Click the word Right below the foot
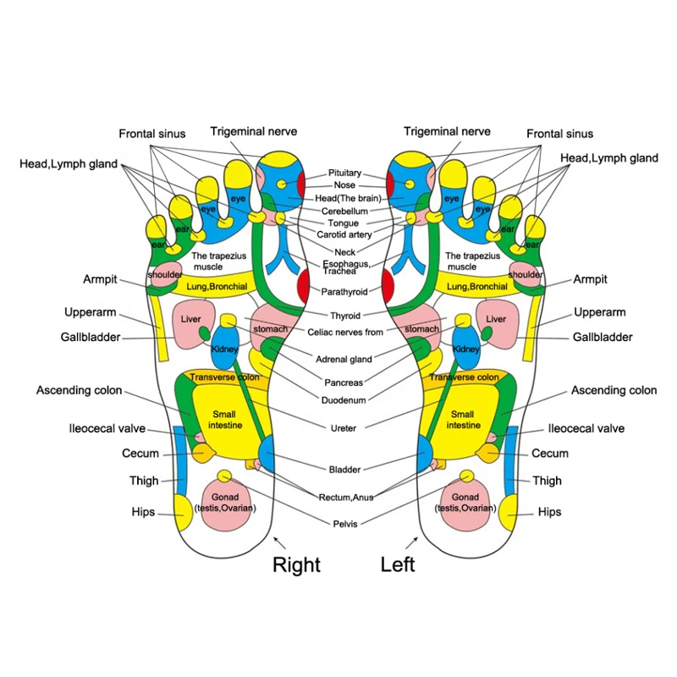tap(296, 564)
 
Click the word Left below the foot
tap(398, 564)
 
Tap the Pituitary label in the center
tap(345, 173)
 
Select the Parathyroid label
tap(344, 292)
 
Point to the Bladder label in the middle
tap(345, 469)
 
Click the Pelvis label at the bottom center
tap(345, 524)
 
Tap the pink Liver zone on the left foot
tap(495, 322)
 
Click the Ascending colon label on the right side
tap(614, 391)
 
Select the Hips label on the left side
tap(143, 512)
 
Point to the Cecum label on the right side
tap(550, 454)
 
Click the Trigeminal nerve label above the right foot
tap(254, 132)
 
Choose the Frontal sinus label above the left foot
tap(559, 134)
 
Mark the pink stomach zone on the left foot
tap(421, 330)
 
